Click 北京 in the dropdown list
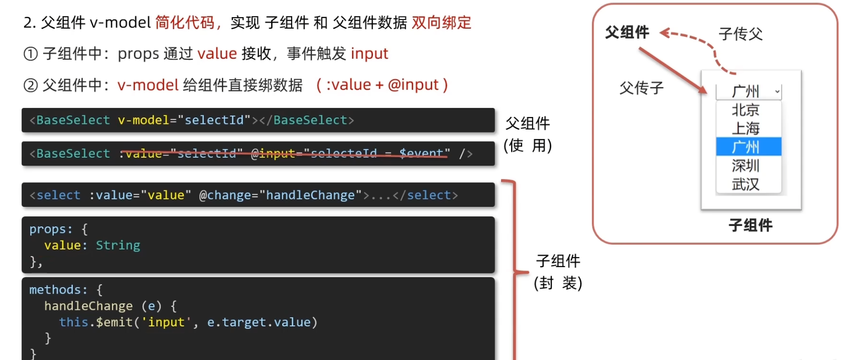(x=746, y=110)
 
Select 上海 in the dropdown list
(x=746, y=129)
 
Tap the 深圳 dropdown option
(x=746, y=166)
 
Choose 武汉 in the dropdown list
(x=746, y=184)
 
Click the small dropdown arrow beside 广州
(x=777, y=91)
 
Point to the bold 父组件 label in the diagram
(x=627, y=33)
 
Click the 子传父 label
(x=741, y=34)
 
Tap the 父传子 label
(x=641, y=88)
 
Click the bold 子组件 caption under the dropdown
(x=751, y=225)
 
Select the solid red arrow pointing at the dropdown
(x=673, y=70)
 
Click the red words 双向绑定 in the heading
(x=441, y=23)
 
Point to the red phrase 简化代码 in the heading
(x=185, y=23)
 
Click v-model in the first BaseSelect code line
(x=144, y=121)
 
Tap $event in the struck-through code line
(x=421, y=154)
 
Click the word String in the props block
(x=118, y=246)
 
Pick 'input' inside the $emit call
(x=166, y=322)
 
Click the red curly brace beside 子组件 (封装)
(x=514, y=271)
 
